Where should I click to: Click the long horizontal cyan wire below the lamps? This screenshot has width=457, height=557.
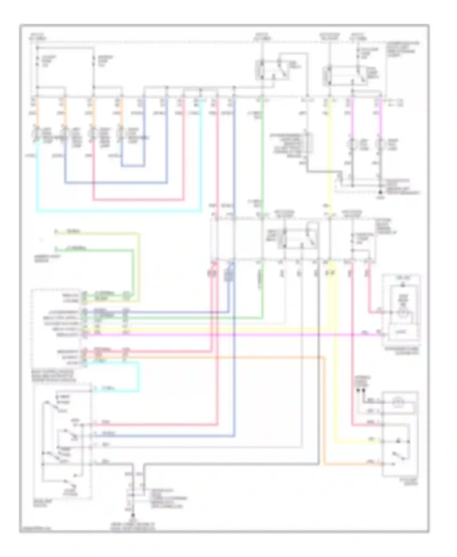click(x=119, y=211)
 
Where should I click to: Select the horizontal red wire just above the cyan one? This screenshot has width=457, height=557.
click(x=137, y=200)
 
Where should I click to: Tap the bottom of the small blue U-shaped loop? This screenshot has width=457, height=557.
click(x=133, y=166)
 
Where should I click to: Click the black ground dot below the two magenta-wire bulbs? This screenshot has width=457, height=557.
click(x=380, y=193)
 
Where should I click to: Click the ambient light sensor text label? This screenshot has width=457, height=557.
click(x=47, y=258)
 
